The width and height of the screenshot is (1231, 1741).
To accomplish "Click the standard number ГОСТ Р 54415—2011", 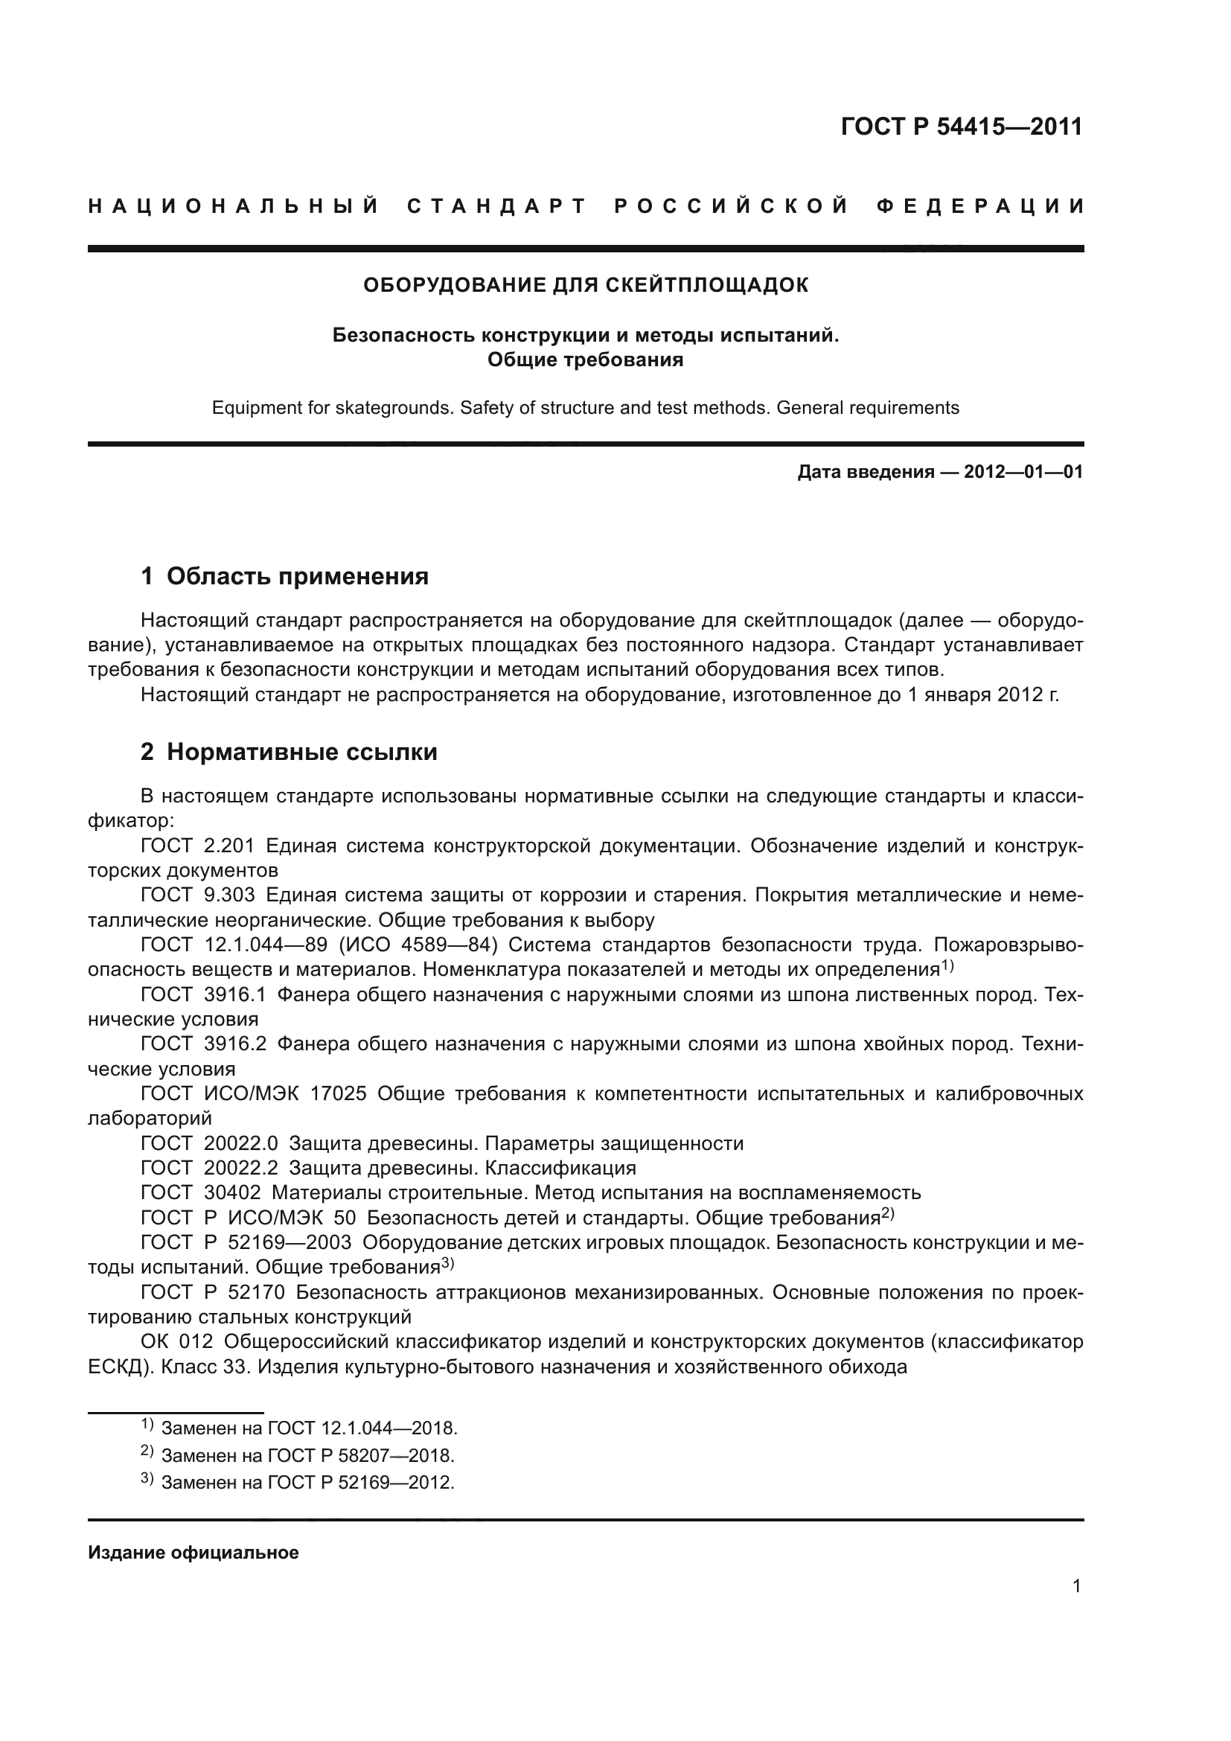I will pos(961,127).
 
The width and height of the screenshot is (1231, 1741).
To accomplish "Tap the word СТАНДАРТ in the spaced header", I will pos(497,206).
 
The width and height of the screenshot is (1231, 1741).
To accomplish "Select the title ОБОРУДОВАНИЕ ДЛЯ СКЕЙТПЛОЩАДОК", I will pos(586,285).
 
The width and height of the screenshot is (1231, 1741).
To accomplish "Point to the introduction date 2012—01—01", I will pos(1023,473).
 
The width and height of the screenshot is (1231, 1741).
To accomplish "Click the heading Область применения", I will pos(297,576).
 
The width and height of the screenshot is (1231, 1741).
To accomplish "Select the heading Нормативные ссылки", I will pos(301,753).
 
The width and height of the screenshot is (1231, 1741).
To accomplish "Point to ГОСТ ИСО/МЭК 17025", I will pos(253,1094).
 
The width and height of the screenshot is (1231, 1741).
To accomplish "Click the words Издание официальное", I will pos(194,1553).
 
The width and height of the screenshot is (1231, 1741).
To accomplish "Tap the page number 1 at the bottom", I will pos(1076,1586).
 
